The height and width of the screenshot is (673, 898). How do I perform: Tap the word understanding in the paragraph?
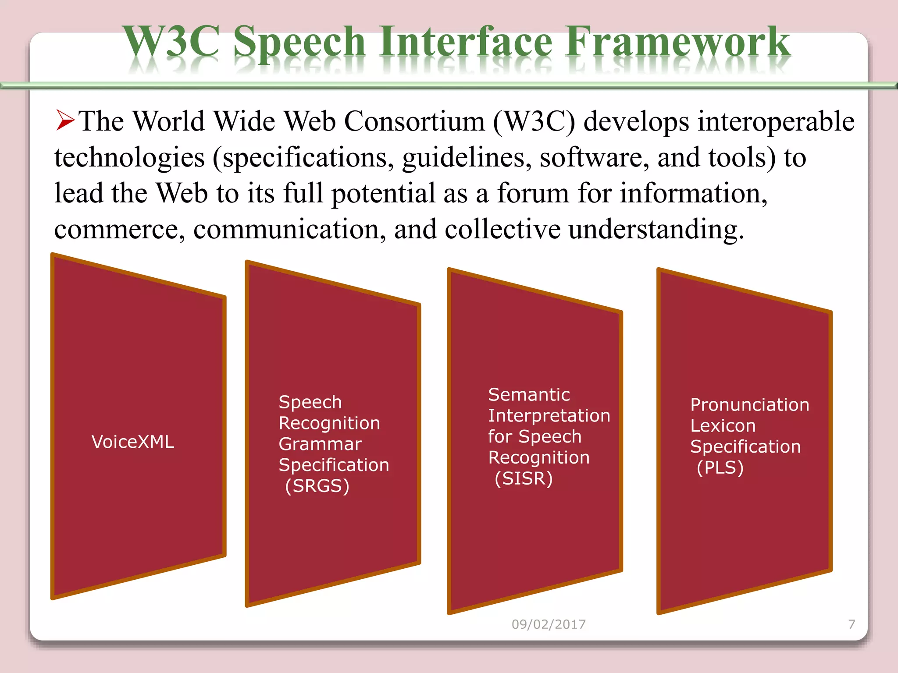tap(656, 230)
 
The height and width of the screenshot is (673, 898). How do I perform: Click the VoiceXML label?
tap(133, 442)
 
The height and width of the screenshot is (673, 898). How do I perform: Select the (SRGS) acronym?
tap(317, 486)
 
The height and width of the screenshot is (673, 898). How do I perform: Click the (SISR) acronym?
tap(524, 478)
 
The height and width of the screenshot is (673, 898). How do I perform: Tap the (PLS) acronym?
tap(720, 468)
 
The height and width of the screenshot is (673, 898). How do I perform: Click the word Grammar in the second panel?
tap(320, 444)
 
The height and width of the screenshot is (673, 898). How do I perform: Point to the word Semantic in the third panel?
tap(529, 395)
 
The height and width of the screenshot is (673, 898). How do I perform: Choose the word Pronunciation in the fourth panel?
tap(749, 405)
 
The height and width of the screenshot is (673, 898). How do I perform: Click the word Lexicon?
tap(723, 426)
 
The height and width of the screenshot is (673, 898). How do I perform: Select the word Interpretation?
tap(549, 416)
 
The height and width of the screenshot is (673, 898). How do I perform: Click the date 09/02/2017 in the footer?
tap(549, 624)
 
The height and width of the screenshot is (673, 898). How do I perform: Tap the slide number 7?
tap(852, 624)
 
